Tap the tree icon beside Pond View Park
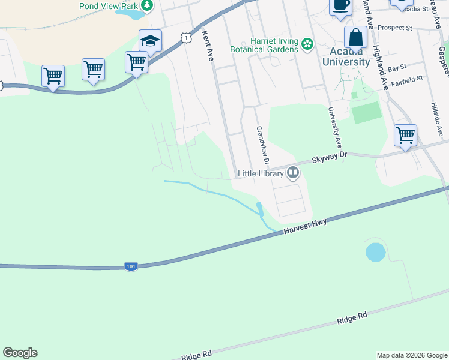[146, 6]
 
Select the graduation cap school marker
[150, 41]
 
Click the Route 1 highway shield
[187, 38]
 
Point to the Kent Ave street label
[208, 46]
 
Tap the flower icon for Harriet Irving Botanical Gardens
[307, 44]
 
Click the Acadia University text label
[346, 56]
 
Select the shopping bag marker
[356, 37]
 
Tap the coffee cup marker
[340, 5]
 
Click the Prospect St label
[395, 28]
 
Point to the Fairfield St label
[406, 78]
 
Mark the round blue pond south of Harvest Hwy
[375, 252]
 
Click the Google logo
[20, 353]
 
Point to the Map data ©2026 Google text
[412, 355]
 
